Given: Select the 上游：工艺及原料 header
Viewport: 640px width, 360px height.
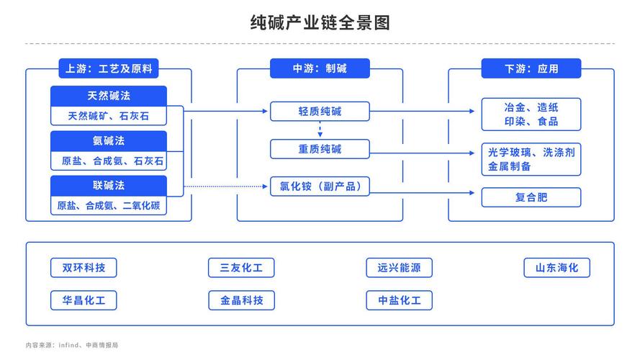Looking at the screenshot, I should pyautogui.click(x=108, y=69).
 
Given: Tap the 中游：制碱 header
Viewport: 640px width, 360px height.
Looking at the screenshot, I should pyautogui.click(x=320, y=69).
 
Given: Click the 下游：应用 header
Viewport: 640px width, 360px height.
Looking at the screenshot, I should pyautogui.click(x=531, y=69).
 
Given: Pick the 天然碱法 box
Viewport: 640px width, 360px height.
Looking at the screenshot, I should pyautogui.click(x=109, y=96).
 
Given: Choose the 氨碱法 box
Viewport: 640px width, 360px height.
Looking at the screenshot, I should pyautogui.click(x=109, y=140).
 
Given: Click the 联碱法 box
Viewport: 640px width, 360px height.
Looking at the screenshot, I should pyautogui.click(x=109, y=186).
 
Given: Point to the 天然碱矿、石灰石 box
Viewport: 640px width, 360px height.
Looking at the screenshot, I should pyautogui.click(x=109, y=115).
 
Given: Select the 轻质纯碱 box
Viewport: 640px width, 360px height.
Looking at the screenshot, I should pyautogui.click(x=320, y=111).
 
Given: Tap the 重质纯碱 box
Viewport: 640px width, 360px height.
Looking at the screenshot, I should pyautogui.click(x=320, y=150).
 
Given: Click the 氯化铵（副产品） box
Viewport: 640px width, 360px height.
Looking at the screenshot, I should pyautogui.click(x=320, y=187).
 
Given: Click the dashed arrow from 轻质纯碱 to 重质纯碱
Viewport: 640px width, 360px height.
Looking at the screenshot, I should pyautogui.click(x=320, y=130).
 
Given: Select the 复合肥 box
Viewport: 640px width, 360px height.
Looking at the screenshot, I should pyautogui.click(x=531, y=197).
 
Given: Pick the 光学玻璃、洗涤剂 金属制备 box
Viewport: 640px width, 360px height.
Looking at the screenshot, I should pyautogui.click(x=531, y=159).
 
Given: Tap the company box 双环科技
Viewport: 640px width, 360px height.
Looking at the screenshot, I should pyautogui.click(x=84, y=268).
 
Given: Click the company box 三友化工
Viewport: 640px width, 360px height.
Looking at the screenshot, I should pyautogui.click(x=241, y=268).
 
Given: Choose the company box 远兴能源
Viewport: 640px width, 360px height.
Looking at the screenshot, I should pyautogui.click(x=399, y=268).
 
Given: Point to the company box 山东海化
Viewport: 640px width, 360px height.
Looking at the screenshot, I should pyautogui.click(x=556, y=268).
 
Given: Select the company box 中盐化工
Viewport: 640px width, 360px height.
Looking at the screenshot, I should pyautogui.click(x=399, y=300).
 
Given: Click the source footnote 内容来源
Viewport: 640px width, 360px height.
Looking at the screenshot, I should pyautogui.click(x=71, y=346).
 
